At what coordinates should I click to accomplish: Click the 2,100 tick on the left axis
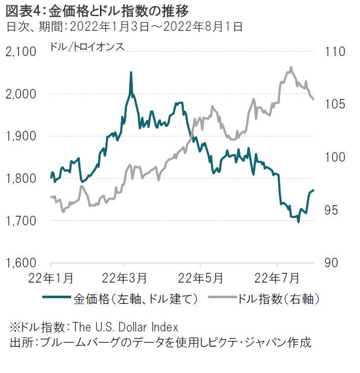pyautogui.click(x=21, y=52)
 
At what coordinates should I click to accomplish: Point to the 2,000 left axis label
pyautogui.click(x=21, y=94)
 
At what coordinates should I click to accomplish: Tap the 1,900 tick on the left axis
pyautogui.click(x=21, y=136)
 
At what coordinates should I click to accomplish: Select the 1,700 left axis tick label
pyautogui.click(x=21, y=221)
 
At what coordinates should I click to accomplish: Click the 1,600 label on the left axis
pyautogui.click(x=21, y=263)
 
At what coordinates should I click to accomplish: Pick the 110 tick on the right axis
pyautogui.click(x=326, y=52)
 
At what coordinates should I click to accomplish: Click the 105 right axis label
pyautogui.click(x=326, y=105)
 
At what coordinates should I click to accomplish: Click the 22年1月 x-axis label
pyautogui.click(x=52, y=278)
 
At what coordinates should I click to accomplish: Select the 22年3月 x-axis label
pyautogui.click(x=125, y=278)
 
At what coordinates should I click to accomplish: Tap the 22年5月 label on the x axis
pyautogui.click(x=201, y=278)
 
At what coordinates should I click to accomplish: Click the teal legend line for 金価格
pyautogui.click(x=56, y=299)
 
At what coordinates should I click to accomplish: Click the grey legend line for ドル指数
pyautogui.click(x=221, y=299)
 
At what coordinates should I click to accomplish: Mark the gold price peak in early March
pyautogui.click(x=131, y=72)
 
